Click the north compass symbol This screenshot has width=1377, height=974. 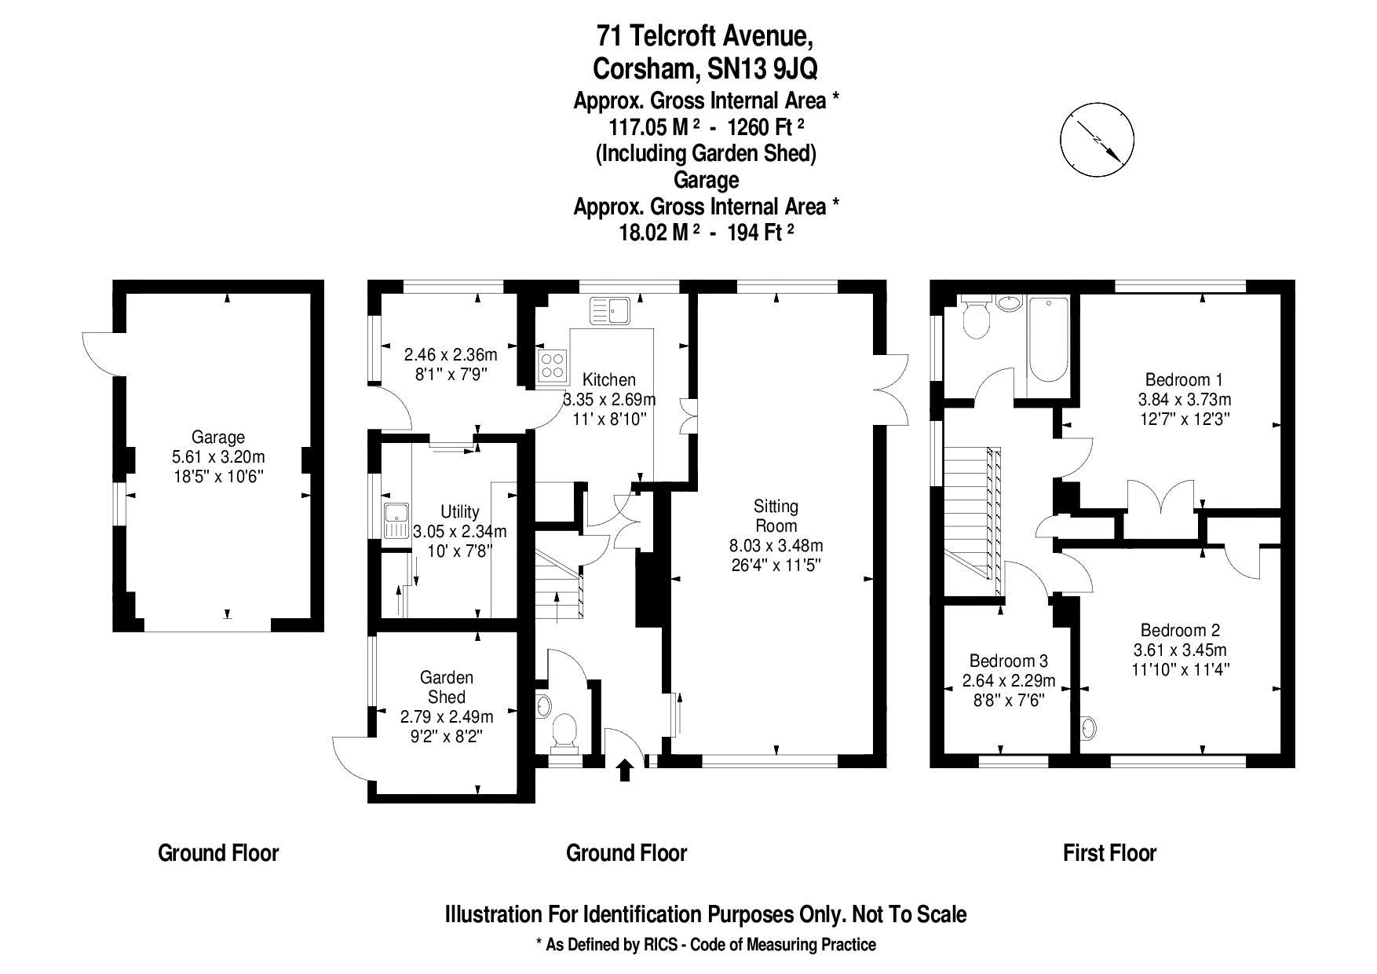[x=1097, y=142]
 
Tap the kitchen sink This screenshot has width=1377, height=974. [x=610, y=310]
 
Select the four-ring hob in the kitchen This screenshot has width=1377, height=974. [x=552, y=365]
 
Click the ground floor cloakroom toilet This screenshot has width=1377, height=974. [x=565, y=731]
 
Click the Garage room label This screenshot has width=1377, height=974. [x=218, y=438]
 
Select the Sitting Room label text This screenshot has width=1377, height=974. [x=776, y=516]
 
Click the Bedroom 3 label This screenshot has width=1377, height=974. [x=1008, y=661]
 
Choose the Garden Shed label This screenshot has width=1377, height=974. [x=447, y=687]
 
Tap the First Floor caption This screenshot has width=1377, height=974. [x=1109, y=853]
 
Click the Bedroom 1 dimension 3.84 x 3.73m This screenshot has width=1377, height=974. [x=1184, y=399]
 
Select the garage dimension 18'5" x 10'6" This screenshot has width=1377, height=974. [x=218, y=475]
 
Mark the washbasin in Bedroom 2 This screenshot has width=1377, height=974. [x=1087, y=729]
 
